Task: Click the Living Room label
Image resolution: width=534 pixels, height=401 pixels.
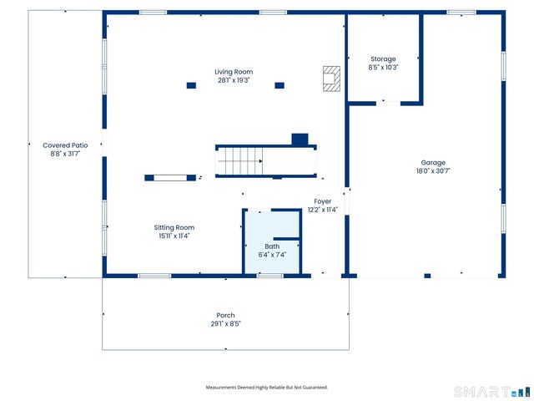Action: [234, 72]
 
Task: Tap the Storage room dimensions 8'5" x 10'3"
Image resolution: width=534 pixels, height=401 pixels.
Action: [383, 68]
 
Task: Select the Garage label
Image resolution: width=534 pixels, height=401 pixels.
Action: [433, 163]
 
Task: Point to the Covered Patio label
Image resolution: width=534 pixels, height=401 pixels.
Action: [65, 145]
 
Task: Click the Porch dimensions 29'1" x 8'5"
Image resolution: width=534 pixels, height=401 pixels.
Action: [225, 323]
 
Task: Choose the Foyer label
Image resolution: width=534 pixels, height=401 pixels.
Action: [323, 201]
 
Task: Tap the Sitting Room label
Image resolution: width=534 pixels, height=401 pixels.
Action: [174, 227]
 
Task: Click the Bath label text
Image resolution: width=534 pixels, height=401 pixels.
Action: [272, 246]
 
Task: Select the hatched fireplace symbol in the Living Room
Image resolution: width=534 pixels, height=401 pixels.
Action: [331, 79]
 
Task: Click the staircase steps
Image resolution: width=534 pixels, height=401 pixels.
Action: [240, 161]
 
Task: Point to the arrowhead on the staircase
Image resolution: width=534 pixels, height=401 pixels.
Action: [260, 161]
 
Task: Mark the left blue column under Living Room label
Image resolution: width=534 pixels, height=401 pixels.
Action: [191, 85]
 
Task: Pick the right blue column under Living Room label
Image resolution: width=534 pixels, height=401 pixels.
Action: [280, 85]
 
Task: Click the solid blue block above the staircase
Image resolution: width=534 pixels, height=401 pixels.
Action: [300, 140]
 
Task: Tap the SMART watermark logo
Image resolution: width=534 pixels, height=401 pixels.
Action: [491, 392]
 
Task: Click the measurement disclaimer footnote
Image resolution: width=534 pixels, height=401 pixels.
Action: [267, 388]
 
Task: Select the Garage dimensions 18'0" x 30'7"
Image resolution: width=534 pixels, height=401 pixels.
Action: [433, 170]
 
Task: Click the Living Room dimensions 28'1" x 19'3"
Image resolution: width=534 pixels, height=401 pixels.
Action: [234, 80]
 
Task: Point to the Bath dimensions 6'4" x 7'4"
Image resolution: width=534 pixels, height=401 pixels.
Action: [272, 255]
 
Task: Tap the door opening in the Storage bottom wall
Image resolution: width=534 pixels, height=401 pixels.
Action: [388, 104]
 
